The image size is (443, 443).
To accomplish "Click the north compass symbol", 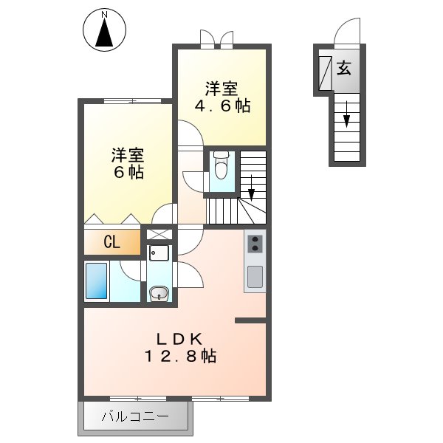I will [104, 30].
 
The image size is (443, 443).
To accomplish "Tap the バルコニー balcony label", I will [134, 418].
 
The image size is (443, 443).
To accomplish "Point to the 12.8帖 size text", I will [179, 356].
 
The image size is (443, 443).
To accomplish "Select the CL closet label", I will [111, 241].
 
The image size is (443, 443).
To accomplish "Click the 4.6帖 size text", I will [221, 106].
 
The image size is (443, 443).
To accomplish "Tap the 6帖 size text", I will [128, 173].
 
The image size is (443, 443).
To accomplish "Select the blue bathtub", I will [98, 281].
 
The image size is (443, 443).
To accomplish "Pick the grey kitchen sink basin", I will [255, 277].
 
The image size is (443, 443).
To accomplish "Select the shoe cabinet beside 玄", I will [324, 73].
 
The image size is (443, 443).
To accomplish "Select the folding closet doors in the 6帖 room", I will [111, 219].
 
